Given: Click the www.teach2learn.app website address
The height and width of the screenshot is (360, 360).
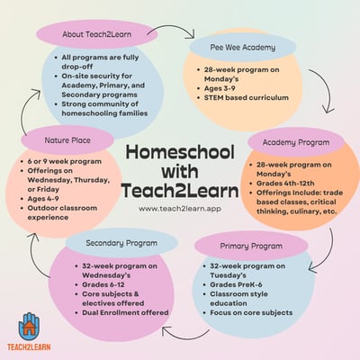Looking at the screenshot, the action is point(181,209).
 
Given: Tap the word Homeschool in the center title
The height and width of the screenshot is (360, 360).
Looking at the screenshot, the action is point(181,154).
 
